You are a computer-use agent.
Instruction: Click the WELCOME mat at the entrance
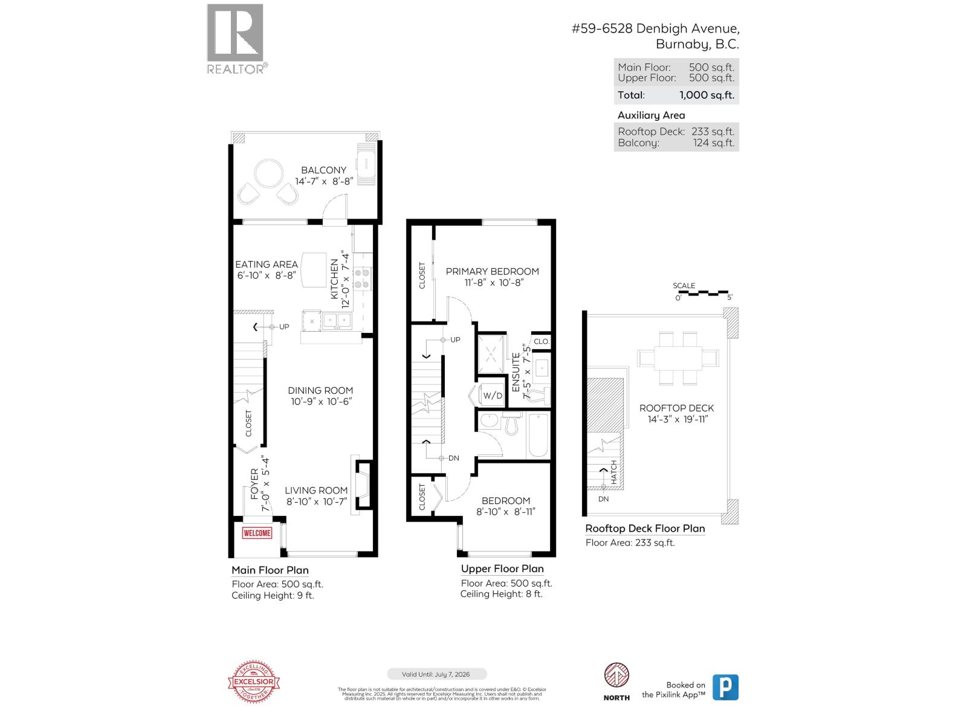(x=257, y=533)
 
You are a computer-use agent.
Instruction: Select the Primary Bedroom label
(x=492, y=271)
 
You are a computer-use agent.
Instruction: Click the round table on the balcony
(x=268, y=174)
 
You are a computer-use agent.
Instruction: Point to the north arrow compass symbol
(x=616, y=675)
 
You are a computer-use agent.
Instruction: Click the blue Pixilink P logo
(x=725, y=688)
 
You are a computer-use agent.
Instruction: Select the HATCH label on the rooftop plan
(x=613, y=471)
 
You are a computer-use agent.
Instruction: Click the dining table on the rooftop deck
(x=678, y=358)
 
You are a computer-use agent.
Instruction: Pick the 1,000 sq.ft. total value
(x=707, y=95)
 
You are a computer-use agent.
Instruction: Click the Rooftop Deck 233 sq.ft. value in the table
(x=713, y=131)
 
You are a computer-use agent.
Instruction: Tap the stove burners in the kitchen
(x=362, y=279)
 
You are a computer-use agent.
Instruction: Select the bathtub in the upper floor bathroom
(x=537, y=435)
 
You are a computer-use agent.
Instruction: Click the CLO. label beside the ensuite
(x=542, y=341)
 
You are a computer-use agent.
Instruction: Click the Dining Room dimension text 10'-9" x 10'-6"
(x=320, y=401)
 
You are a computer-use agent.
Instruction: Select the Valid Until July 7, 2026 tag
(x=436, y=674)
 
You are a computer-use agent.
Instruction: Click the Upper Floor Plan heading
(x=502, y=569)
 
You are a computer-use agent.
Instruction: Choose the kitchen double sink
(x=336, y=320)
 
